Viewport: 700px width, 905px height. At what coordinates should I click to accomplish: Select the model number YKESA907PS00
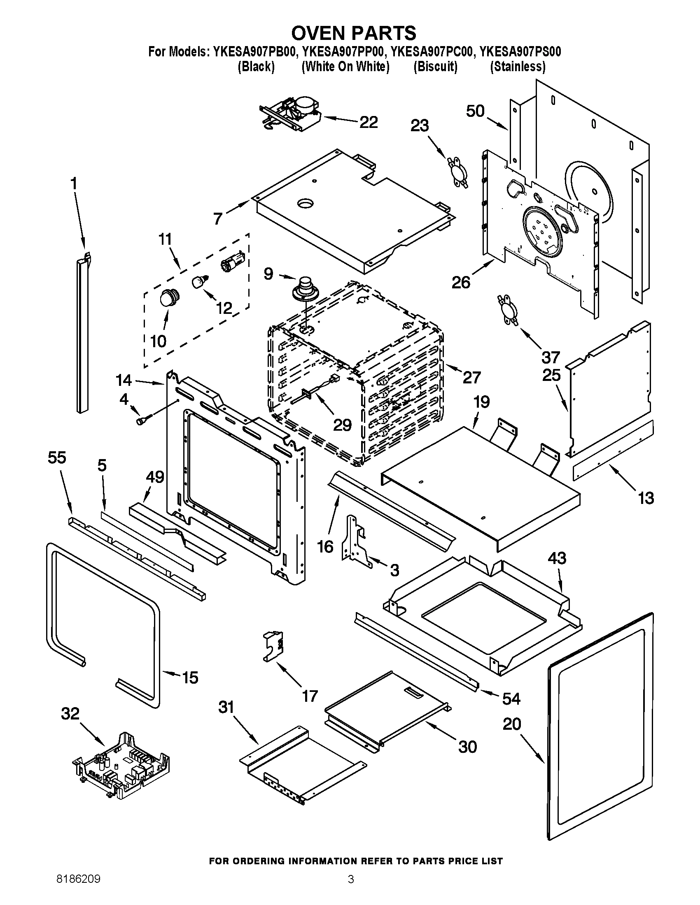520,52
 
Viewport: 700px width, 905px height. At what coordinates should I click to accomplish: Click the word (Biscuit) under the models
435,66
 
